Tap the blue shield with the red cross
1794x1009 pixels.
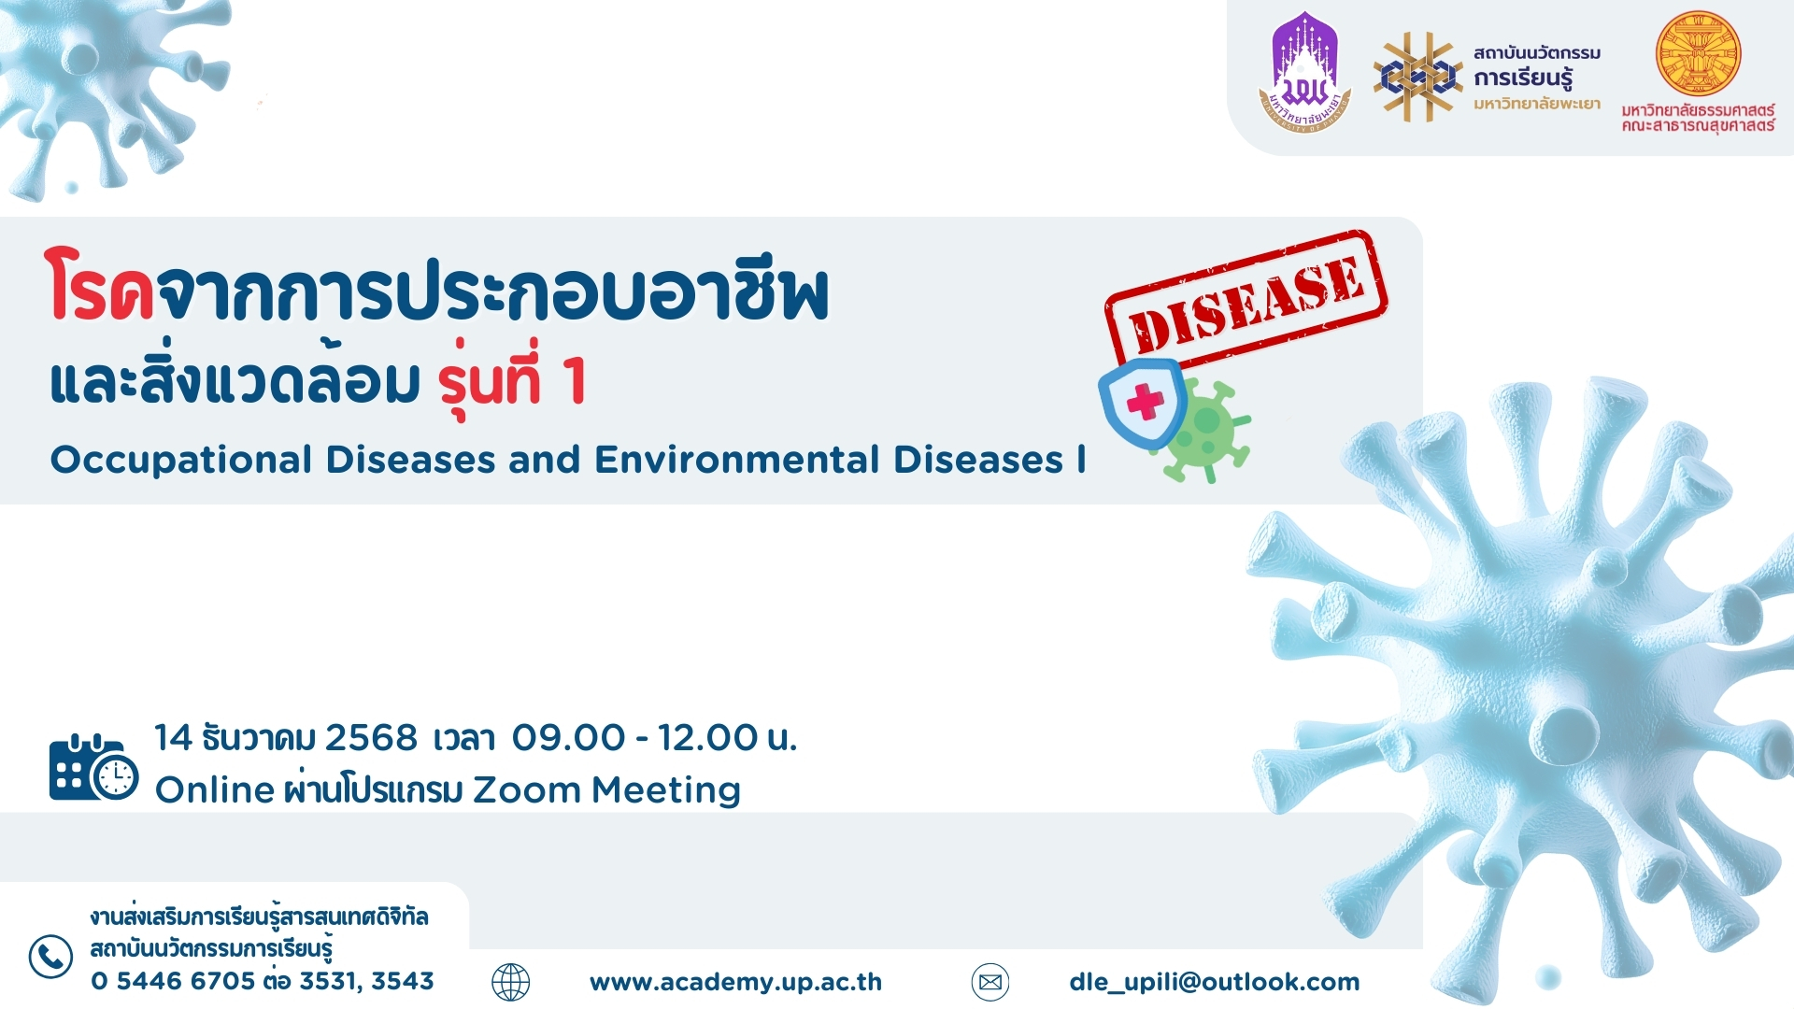click(x=1143, y=404)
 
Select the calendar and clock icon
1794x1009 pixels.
click(x=93, y=768)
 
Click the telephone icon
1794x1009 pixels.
click(x=50, y=957)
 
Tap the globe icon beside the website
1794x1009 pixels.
click(x=511, y=982)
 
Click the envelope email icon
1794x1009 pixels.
click(x=990, y=982)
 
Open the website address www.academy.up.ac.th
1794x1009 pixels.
click(x=736, y=982)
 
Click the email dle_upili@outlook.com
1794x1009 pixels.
click(x=1215, y=982)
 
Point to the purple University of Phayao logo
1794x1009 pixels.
click(x=1305, y=72)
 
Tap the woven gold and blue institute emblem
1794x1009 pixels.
click(x=1418, y=77)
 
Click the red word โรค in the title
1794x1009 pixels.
click(x=100, y=286)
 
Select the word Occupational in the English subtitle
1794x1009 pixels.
click(x=181, y=461)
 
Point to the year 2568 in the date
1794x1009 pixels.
click(x=371, y=738)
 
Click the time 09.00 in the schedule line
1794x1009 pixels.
click(x=568, y=738)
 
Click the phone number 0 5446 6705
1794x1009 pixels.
click(x=173, y=981)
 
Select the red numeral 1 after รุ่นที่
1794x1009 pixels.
click(x=575, y=381)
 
